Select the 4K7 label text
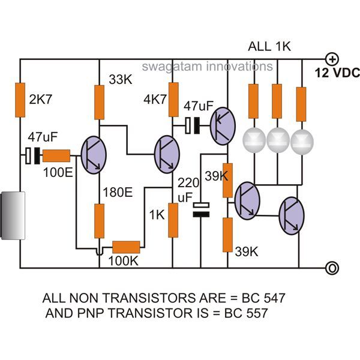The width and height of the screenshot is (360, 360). point(155,100)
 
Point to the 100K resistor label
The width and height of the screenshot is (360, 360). point(123,261)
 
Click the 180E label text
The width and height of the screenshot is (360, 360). point(118,192)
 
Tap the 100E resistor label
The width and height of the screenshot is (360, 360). point(58,172)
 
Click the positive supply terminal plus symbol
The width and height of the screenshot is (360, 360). point(332,59)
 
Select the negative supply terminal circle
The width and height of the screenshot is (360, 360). point(332,268)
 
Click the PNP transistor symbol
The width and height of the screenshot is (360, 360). point(223,126)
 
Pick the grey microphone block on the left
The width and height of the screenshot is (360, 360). point(13,215)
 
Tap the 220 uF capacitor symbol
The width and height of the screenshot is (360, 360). point(201,210)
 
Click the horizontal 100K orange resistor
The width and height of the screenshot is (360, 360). point(126,247)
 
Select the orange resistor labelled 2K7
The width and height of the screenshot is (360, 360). point(20,100)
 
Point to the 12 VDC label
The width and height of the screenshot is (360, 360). point(337,73)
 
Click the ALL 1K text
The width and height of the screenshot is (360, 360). point(269,46)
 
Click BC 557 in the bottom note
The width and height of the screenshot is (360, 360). point(246,313)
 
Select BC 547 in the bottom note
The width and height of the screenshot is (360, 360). point(263,298)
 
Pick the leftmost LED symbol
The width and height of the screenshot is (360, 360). point(254,140)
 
